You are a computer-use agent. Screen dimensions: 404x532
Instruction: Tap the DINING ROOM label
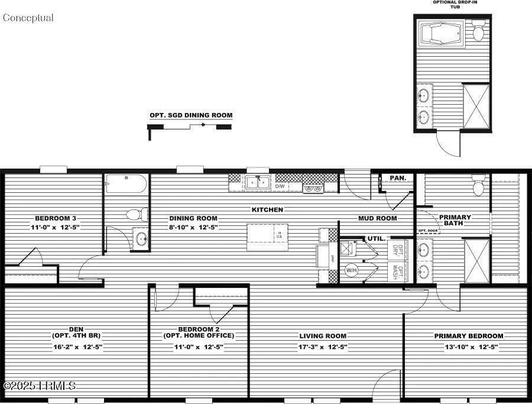click(193, 218)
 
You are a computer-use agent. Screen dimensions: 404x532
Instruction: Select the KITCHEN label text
click(267, 210)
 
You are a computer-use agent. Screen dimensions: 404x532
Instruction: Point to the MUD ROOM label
click(378, 218)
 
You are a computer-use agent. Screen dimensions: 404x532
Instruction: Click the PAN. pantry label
click(397, 177)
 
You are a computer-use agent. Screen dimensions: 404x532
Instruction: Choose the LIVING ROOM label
click(323, 336)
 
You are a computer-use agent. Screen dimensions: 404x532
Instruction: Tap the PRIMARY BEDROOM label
click(469, 336)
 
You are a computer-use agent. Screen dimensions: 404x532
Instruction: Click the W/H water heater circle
click(352, 270)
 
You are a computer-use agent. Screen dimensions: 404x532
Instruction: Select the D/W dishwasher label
click(280, 186)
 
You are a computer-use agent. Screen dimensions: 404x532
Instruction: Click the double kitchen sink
click(258, 183)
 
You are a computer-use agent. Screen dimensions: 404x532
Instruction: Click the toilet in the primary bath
click(478, 188)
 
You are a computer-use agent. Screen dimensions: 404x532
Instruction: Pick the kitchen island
click(267, 236)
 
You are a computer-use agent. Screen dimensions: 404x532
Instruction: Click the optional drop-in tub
click(442, 34)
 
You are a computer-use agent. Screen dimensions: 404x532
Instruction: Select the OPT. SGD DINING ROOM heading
click(191, 115)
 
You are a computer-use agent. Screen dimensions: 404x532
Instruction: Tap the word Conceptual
click(28, 18)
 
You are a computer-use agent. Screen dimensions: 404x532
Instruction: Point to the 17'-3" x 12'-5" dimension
click(323, 347)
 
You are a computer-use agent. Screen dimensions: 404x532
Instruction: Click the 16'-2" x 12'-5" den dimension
click(78, 347)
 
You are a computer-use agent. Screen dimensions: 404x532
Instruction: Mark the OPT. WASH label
click(400, 273)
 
